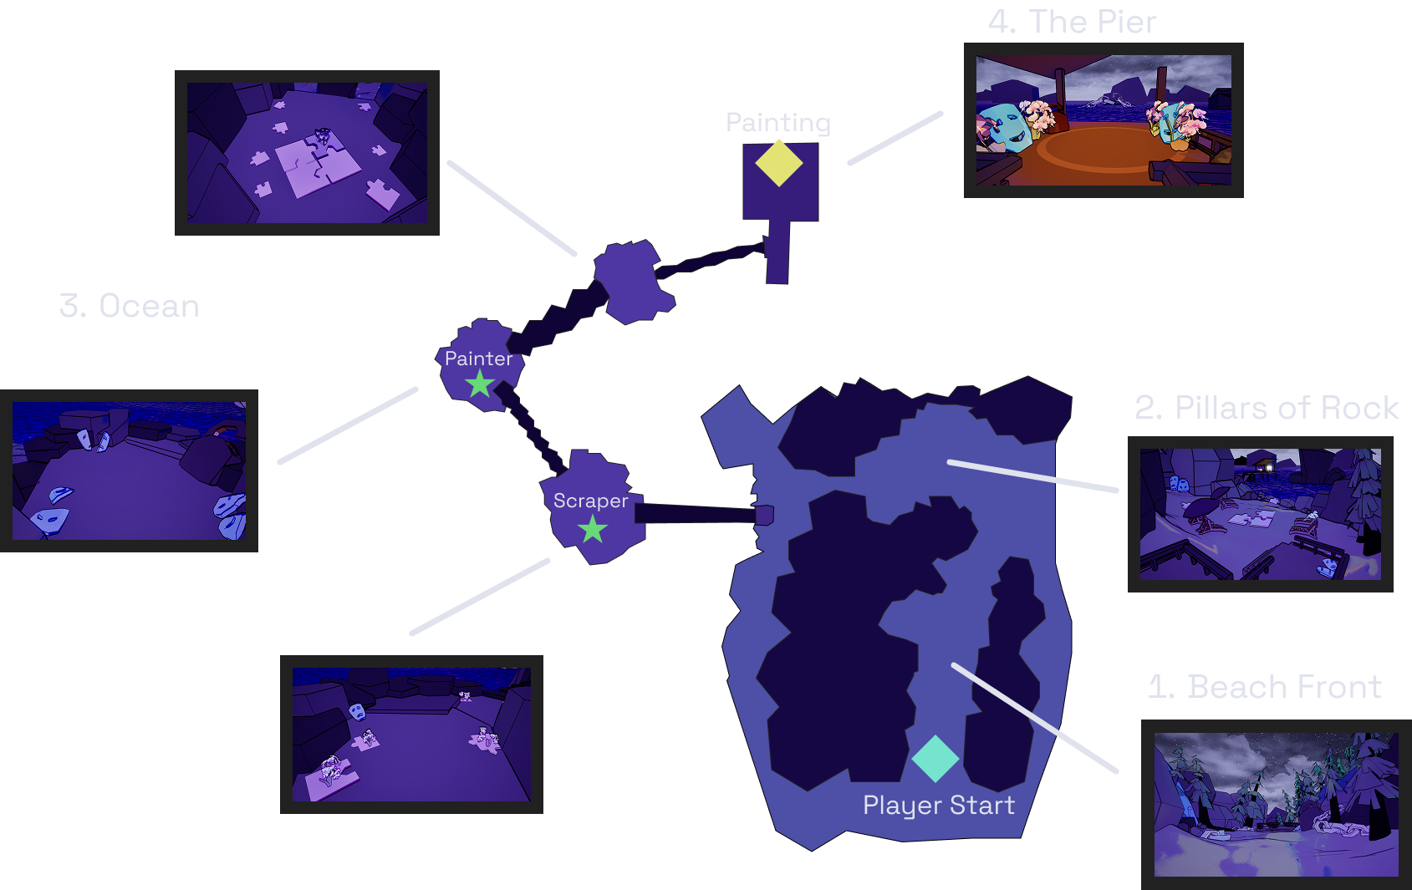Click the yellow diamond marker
[x=779, y=163]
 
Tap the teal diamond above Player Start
[x=935, y=758]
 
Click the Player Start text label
[x=938, y=805]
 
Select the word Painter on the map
[x=478, y=359]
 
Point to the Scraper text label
[x=590, y=501]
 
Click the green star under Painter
[x=480, y=384]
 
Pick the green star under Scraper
[x=593, y=529]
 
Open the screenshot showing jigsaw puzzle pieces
[x=307, y=152]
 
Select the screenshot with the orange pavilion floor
[x=1104, y=120]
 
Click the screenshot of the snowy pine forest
[x=1276, y=805]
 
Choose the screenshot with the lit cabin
[x=1260, y=514]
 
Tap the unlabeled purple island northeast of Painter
[x=633, y=281]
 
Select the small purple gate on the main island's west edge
[x=764, y=514]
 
